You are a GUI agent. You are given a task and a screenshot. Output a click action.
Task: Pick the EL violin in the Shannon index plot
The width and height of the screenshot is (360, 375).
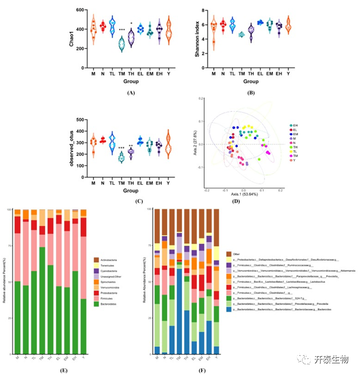pos(261,23)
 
